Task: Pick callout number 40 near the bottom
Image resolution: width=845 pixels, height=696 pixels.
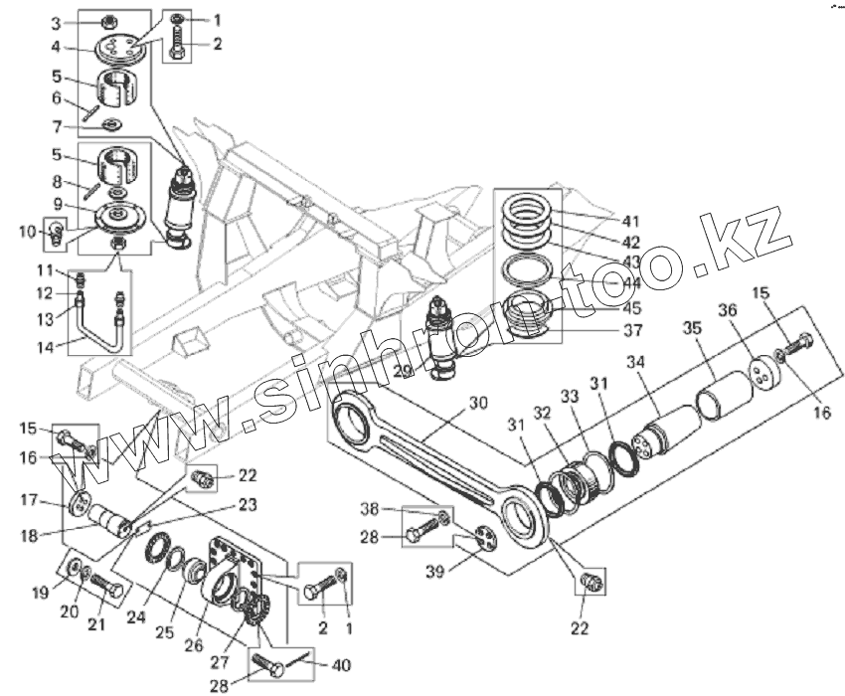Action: click(x=341, y=664)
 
